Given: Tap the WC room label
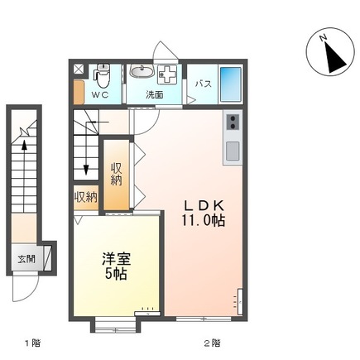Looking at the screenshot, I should [x=99, y=94].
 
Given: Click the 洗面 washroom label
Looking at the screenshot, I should [x=155, y=94].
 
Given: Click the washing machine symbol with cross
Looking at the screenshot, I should [x=167, y=74].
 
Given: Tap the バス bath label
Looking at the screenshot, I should [x=202, y=84].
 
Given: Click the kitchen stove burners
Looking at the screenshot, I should [x=233, y=122].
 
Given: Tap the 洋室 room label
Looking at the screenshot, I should [x=115, y=258].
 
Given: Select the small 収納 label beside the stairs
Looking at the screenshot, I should [x=85, y=197].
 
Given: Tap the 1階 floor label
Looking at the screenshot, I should [x=31, y=342].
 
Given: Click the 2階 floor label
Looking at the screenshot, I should [x=211, y=342].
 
